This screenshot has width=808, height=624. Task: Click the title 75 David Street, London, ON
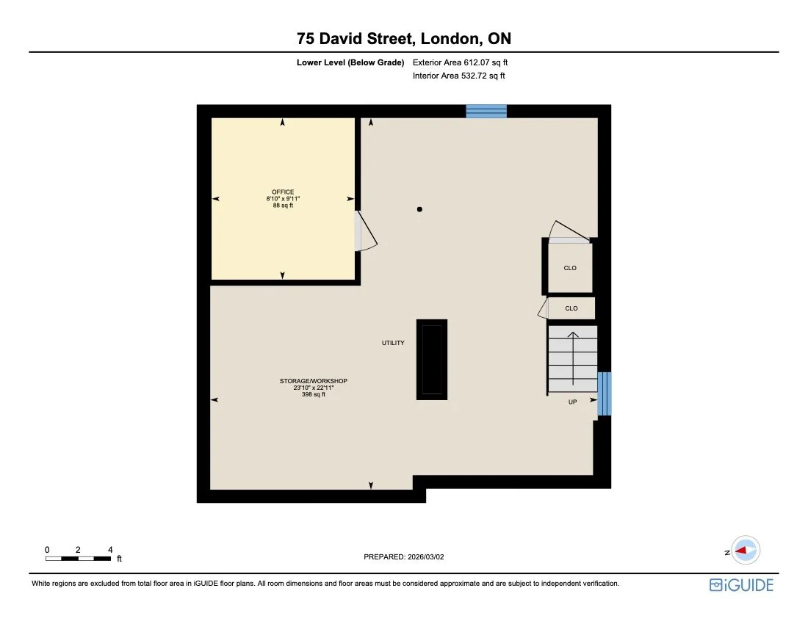point(403,38)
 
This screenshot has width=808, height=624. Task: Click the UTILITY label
point(392,343)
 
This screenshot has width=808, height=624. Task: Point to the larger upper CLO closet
point(570,268)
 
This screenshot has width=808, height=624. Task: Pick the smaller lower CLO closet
point(571,308)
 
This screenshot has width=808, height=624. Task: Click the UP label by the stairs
point(572,402)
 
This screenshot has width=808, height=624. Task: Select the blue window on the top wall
point(486,111)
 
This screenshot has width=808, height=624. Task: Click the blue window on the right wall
point(604,393)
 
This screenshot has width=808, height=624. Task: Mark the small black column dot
point(419,209)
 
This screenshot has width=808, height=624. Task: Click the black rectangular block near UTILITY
point(432,360)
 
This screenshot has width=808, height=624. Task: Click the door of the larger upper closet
point(570,231)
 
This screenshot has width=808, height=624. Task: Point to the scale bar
point(79,559)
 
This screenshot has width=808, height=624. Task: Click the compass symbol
point(746,551)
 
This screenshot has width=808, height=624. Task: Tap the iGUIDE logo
point(741,584)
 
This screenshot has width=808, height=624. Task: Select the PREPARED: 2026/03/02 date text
point(404,557)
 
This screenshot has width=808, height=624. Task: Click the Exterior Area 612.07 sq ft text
point(461,62)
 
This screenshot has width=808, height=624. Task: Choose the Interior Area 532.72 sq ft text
point(459,76)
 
